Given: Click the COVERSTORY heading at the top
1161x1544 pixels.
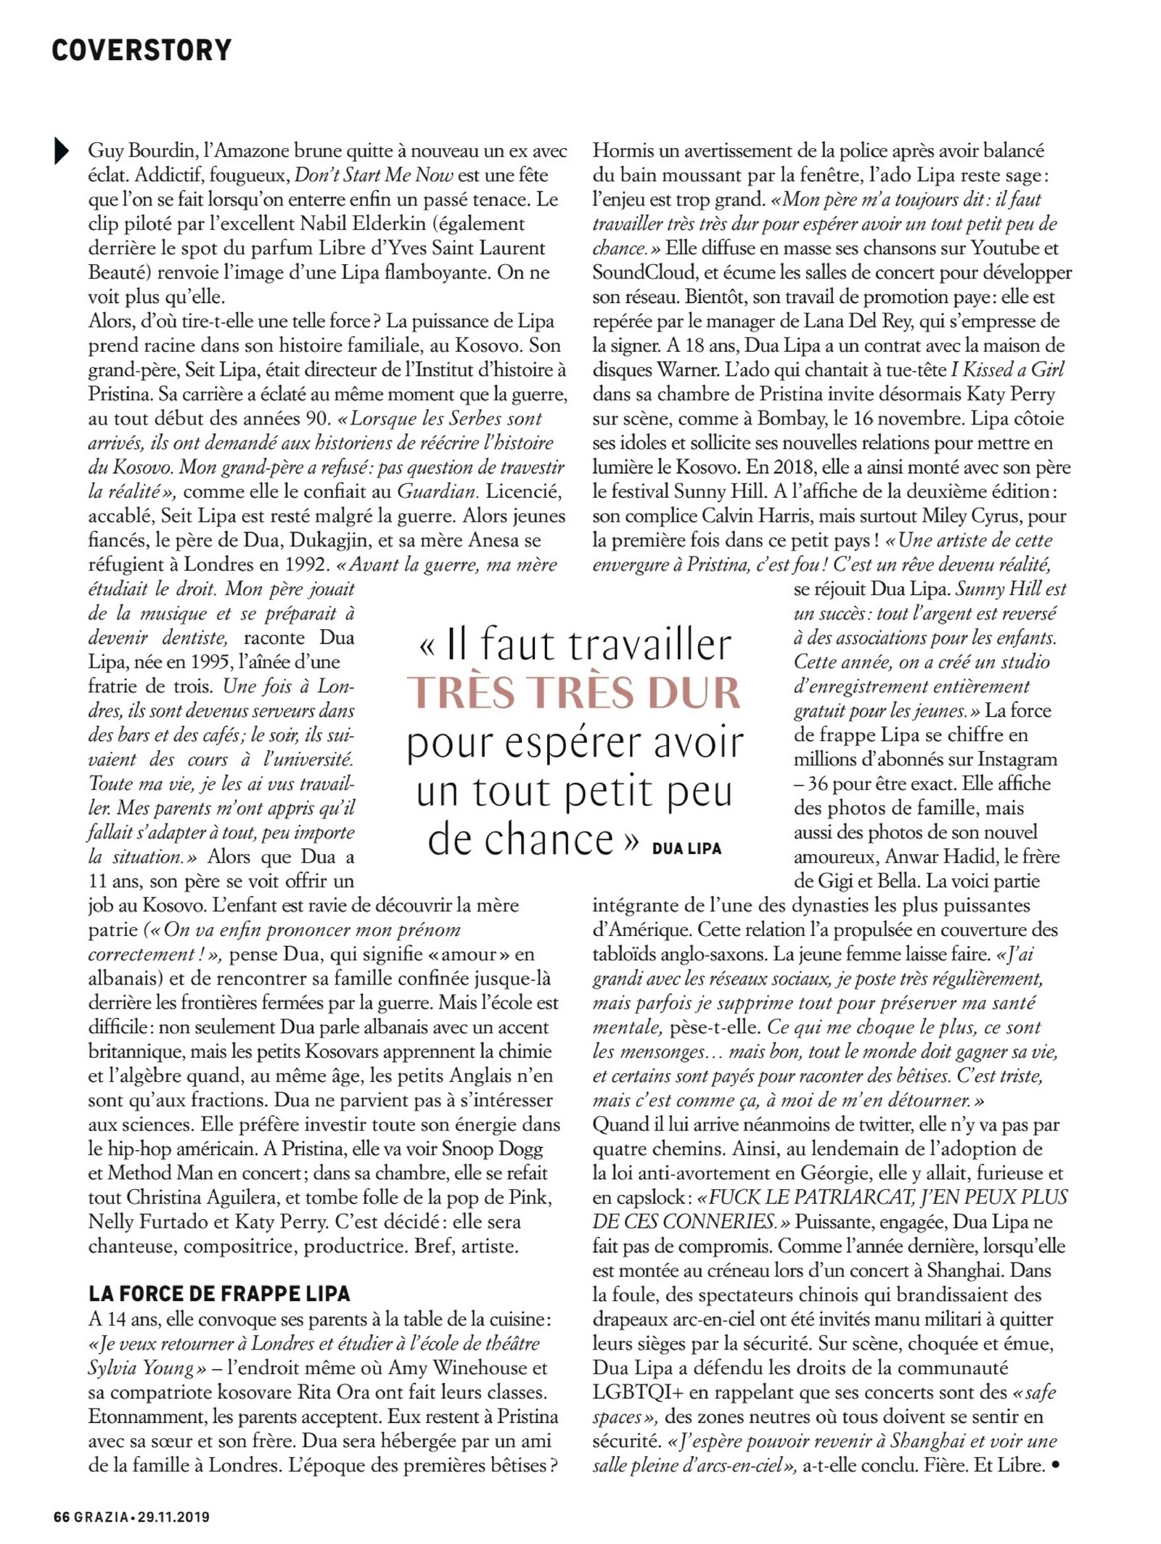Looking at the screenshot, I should [141, 50].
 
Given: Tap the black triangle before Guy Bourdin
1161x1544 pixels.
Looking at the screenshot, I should [61, 151].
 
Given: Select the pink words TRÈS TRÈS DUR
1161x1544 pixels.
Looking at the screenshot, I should [574, 692].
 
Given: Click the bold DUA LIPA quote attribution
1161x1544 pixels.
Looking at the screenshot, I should [686, 848].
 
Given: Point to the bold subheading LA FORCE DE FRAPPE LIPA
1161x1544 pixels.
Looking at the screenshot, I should [219, 1294].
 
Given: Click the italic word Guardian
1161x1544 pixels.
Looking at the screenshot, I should [437, 491].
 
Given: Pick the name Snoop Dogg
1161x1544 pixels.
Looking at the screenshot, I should [492, 1149].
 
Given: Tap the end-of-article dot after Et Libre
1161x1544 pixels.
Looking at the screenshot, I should [1055, 1465].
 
